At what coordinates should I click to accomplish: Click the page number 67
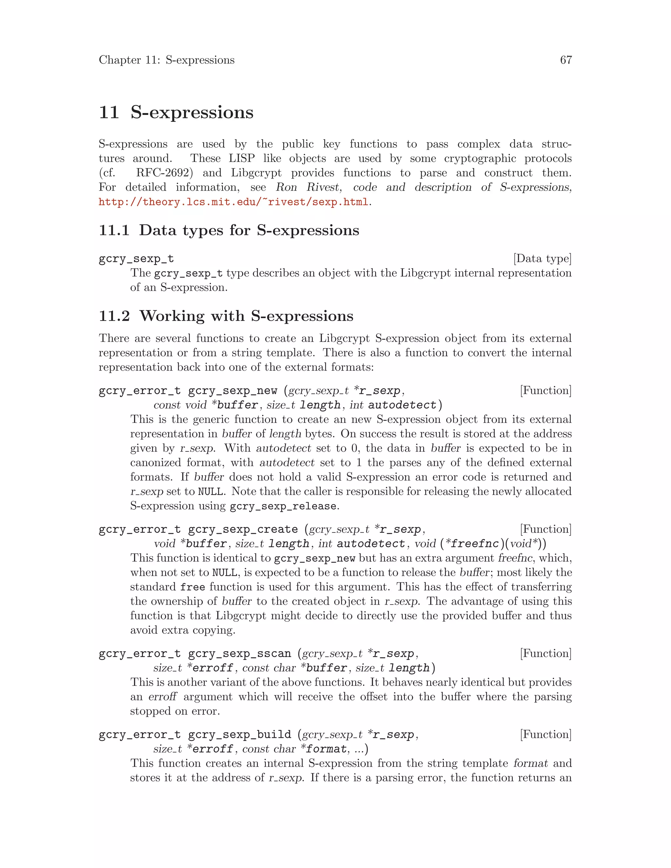pos(566,60)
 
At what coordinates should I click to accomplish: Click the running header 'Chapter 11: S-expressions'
pos(166,60)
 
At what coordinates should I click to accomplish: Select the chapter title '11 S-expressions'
pos(176,112)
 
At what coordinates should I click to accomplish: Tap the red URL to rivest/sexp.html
pos(233,202)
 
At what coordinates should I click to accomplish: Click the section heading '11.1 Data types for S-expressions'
pos(229,231)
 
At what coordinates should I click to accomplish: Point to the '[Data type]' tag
pos(542,259)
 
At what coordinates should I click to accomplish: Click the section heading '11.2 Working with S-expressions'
pos(226,316)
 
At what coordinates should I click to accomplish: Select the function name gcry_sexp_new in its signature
pos(233,391)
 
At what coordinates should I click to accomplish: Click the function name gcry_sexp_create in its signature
pos(243,529)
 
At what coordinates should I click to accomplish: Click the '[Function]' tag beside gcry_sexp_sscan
pos(546,653)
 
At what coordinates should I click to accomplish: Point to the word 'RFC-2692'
pos(162,173)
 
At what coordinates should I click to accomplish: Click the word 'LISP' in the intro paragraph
pos(242,159)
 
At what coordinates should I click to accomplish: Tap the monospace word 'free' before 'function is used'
pos(192,587)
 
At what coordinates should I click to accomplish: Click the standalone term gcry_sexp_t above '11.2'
pos(136,259)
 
